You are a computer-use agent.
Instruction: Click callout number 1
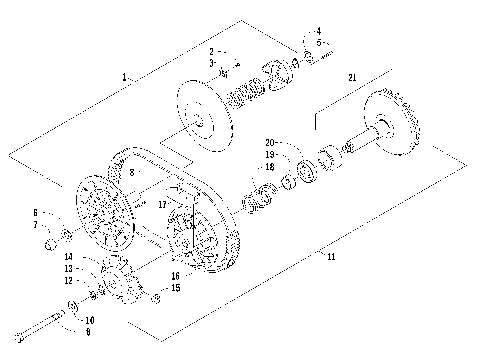tap(123, 77)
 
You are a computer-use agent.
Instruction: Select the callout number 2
tap(212, 50)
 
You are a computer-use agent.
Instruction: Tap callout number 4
tap(319, 31)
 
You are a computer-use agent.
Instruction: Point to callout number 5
tap(319, 42)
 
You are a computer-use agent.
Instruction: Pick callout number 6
tap(35, 212)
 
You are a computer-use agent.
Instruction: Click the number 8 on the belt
tap(131, 173)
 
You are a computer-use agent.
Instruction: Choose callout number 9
tap(88, 330)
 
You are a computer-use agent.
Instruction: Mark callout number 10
tap(90, 319)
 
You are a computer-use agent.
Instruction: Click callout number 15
tap(175, 287)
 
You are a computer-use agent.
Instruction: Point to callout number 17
tap(161, 203)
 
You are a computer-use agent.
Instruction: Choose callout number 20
tap(270, 143)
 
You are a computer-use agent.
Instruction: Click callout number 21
tap(351, 77)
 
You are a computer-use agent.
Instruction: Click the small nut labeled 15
tap(157, 297)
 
